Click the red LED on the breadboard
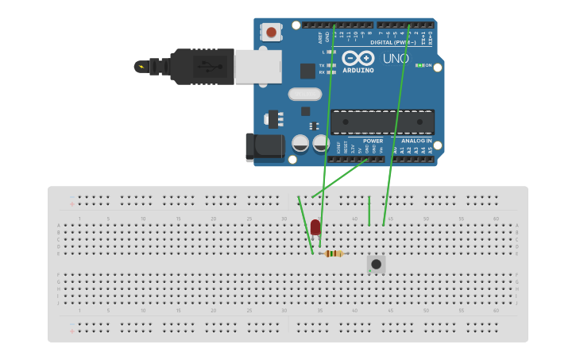[x=315, y=227]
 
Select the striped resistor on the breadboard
[x=334, y=254]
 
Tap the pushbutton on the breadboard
[x=376, y=263]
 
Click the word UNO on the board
[x=396, y=59]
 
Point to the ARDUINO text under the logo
[x=358, y=70]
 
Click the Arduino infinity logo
[x=358, y=58]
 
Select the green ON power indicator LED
[x=419, y=65]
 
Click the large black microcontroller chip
[x=382, y=122]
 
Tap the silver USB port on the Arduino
[x=257, y=65]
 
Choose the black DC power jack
[x=265, y=148]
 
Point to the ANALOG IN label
[x=416, y=141]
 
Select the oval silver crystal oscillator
[x=304, y=94]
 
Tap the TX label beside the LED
[x=322, y=65]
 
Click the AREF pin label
[x=320, y=36]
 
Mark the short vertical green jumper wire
[x=369, y=211]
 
